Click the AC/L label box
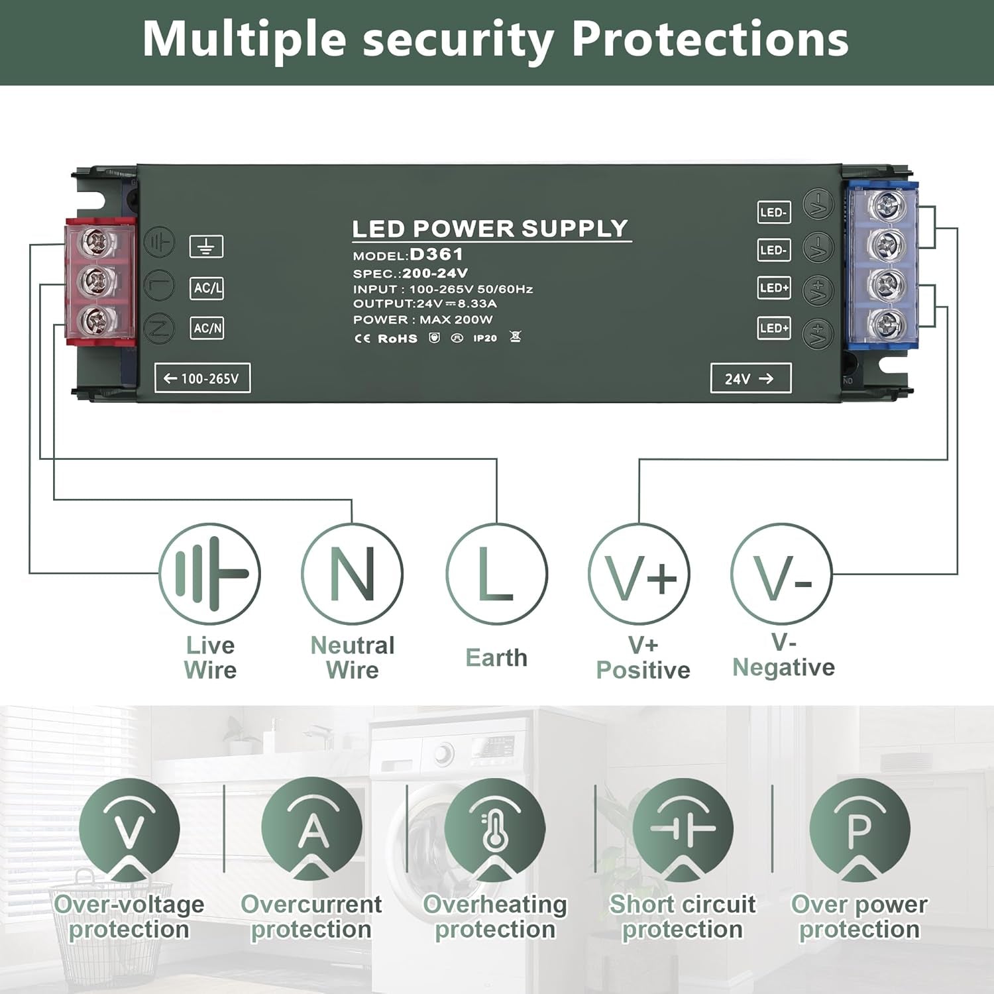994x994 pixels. click(x=207, y=288)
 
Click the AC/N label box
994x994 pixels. click(x=207, y=328)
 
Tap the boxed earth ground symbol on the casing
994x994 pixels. click(x=207, y=247)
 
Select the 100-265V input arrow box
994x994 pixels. click(x=202, y=378)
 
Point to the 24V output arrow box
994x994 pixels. click(x=750, y=378)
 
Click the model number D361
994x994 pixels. click(x=436, y=254)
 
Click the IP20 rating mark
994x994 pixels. click(x=485, y=338)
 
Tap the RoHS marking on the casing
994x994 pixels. click(x=397, y=338)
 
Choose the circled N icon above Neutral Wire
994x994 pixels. click(x=352, y=574)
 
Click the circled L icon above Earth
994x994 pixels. click(x=496, y=574)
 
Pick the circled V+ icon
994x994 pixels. click(x=639, y=574)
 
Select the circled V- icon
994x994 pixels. click(x=781, y=574)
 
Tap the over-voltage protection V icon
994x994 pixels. click(x=129, y=828)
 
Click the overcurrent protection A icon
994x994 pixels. click(x=311, y=828)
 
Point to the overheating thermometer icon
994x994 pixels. click(x=495, y=828)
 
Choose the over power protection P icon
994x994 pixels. click(x=859, y=828)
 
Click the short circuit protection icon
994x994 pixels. click(x=683, y=828)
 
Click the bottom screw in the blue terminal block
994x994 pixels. click(x=885, y=324)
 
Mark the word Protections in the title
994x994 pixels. click(x=710, y=40)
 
